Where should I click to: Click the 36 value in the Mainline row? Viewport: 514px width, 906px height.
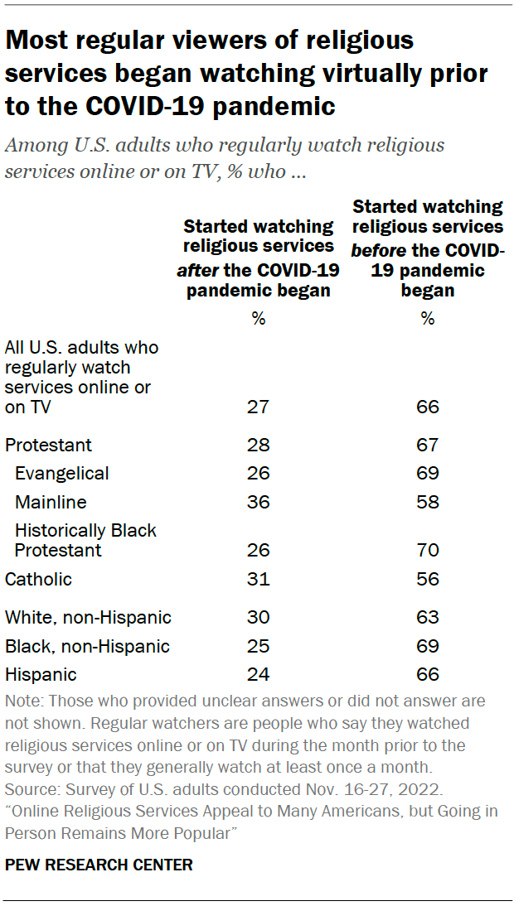click(259, 502)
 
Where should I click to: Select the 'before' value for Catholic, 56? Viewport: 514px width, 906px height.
click(428, 579)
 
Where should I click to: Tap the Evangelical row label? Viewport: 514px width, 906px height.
click(62, 474)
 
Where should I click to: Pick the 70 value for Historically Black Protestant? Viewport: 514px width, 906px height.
click(428, 550)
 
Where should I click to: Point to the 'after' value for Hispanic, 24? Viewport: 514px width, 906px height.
click(259, 674)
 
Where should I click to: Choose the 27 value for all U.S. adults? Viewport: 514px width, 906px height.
click(259, 407)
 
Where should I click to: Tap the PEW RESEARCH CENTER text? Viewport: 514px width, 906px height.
click(99, 865)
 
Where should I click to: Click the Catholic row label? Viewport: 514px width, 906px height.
click(38, 579)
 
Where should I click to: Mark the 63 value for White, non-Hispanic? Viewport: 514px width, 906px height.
click(428, 617)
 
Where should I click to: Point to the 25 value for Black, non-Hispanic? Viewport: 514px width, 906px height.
click(259, 646)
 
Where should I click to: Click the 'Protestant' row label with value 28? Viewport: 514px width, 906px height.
click(48, 445)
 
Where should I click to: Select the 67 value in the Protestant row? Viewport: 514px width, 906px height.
click(428, 445)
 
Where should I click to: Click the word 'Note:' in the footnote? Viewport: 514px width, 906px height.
click(25, 701)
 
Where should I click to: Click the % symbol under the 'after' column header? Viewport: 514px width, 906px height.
click(259, 319)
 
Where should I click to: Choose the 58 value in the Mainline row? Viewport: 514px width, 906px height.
click(428, 502)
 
